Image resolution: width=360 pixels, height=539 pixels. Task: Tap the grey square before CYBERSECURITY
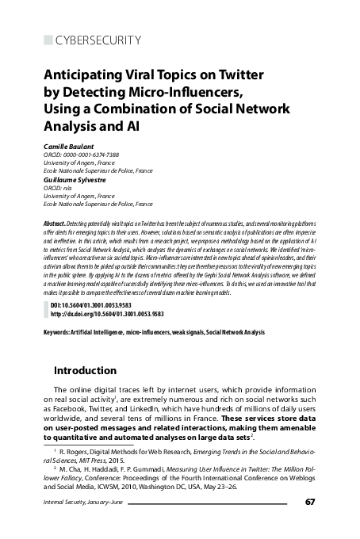[47, 40]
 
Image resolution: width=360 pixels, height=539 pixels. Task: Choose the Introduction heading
[84, 370]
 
